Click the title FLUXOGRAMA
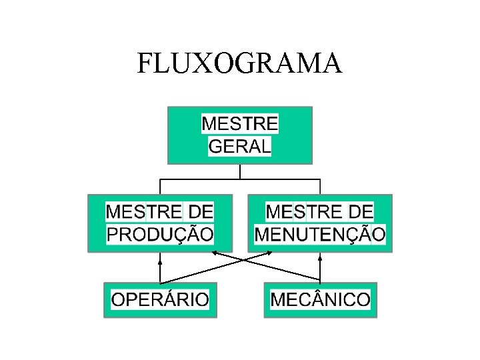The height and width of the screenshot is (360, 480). tap(239, 63)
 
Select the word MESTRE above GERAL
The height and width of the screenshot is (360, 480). tap(240, 124)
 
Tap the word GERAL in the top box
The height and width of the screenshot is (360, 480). tap(240, 146)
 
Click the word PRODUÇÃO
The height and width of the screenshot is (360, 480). tap(160, 234)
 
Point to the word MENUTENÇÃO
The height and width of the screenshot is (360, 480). tap(320, 234)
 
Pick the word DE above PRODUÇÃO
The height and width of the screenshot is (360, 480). tap(201, 212)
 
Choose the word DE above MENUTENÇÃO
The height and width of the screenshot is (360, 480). tap(361, 212)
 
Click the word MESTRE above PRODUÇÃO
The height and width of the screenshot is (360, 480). tap(144, 212)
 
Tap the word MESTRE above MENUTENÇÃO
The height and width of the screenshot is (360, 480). tap(303, 212)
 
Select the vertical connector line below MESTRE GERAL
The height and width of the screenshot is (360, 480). tap(240, 171)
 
